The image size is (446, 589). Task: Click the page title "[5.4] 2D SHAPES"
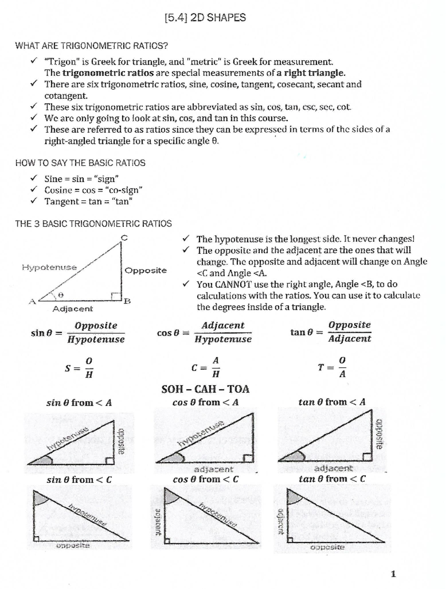205,17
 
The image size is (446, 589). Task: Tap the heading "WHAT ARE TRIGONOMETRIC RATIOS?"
91,46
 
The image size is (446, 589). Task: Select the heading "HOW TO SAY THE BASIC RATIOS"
80,163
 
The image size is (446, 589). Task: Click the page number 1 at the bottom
393,574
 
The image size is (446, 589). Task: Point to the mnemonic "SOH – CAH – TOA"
205,389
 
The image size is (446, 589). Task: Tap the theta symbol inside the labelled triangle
62,295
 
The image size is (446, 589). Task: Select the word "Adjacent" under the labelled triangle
73,309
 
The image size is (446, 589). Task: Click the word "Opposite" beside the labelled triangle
146,271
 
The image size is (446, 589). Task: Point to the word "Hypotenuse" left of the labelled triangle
49,267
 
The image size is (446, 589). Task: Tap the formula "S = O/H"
79,368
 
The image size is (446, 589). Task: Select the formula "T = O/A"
333,367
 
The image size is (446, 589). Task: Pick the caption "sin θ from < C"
79,480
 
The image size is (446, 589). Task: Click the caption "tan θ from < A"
332,402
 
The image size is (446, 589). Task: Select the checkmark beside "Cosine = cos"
34,189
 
